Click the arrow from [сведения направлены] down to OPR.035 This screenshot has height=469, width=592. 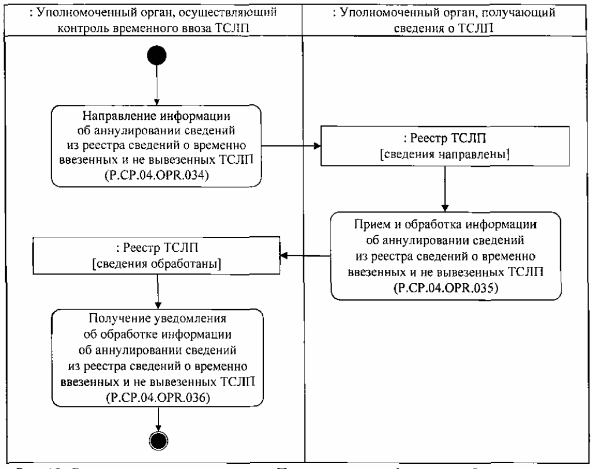[444, 188]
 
